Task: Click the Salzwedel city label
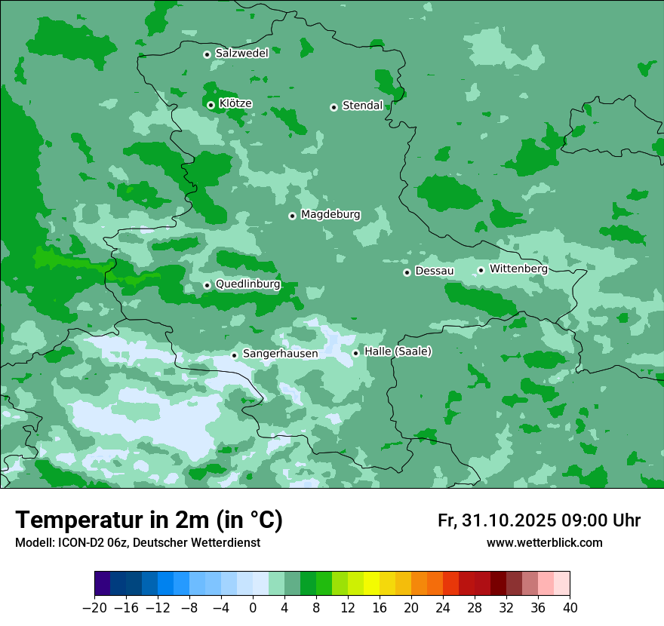pos(241,54)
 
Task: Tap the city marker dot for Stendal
pos(334,107)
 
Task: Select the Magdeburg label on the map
pos(330,215)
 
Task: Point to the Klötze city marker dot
pos(211,105)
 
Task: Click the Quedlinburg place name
pos(247,284)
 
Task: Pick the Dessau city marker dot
pos(407,272)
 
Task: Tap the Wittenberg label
pos(518,269)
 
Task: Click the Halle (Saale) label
pos(398,351)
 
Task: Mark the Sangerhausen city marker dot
pos(235,355)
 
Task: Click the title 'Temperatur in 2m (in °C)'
pos(149,520)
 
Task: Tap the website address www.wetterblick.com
pos(544,543)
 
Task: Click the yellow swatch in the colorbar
pos(371,584)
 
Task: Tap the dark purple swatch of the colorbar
pos(103,584)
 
